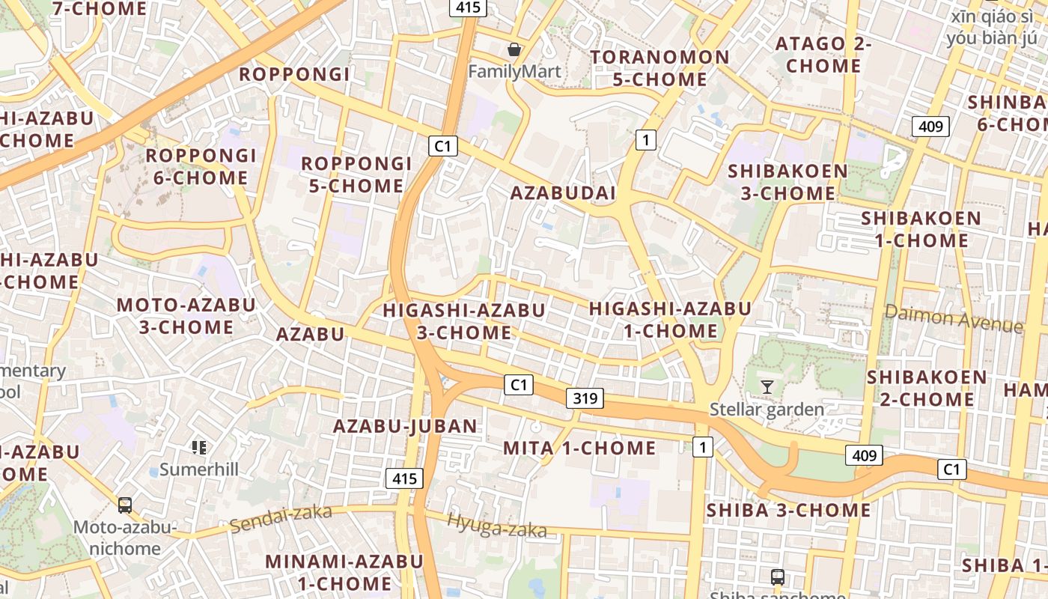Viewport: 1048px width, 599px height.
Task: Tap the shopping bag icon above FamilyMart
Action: click(x=514, y=50)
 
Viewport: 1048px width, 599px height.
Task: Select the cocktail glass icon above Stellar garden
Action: click(x=767, y=386)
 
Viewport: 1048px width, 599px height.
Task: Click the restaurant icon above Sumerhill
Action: click(x=198, y=448)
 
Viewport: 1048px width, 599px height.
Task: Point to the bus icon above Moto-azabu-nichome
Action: click(x=125, y=505)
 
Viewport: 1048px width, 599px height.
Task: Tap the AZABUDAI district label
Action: click(x=563, y=193)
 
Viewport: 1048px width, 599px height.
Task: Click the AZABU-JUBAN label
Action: click(x=405, y=427)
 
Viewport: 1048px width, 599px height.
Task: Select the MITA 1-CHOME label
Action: click(x=579, y=449)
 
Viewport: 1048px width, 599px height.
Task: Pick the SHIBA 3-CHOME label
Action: click(x=789, y=511)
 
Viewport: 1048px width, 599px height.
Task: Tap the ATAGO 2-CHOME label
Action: click(x=823, y=55)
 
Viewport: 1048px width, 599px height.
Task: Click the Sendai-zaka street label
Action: click(x=281, y=518)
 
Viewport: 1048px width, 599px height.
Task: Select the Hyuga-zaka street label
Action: click(x=496, y=526)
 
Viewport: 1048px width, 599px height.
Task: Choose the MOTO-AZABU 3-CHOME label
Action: click(x=186, y=316)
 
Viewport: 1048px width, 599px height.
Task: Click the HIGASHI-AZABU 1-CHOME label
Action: click(x=670, y=320)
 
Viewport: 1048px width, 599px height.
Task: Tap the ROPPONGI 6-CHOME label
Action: click(x=201, y=167)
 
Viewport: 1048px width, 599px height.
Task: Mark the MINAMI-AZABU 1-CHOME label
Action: click(x=344, y=572)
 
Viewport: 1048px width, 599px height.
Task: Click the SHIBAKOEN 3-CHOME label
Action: click(x=788, y=182)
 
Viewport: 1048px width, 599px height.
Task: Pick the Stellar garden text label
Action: click(x=767, y=410)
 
